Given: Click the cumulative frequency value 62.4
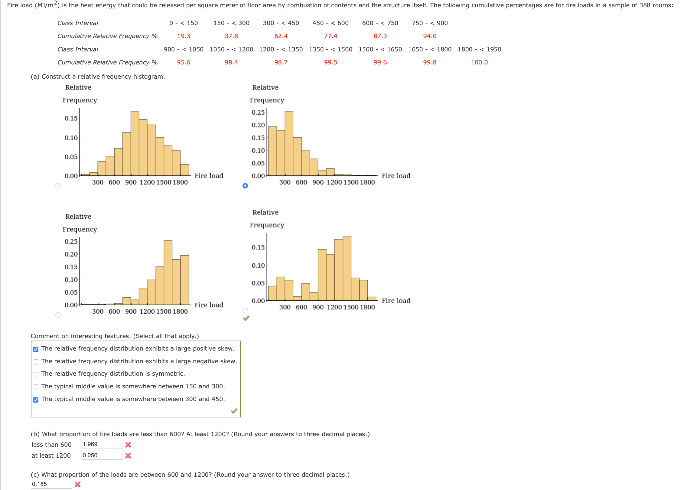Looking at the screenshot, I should [x=281, y=36].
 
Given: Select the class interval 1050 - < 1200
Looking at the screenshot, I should [x=231, y=49].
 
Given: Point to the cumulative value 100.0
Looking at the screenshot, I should [x=479, y=62].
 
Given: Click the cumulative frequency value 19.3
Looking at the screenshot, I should [x=184, y=36].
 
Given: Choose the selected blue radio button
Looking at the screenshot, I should [x=245, y=186].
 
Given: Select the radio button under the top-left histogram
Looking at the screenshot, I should [x=58, y=186].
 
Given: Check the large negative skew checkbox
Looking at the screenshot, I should [x=36, y=362].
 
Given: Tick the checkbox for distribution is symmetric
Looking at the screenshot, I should [x=36, y=374].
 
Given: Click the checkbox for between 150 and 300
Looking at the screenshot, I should [x=36, y=387].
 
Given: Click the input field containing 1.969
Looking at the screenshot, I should [x=102, y=444].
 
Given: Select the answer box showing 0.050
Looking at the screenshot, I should [x=102, y=455].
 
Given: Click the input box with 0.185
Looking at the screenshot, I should [x=51, y=484].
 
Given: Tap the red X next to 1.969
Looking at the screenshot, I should [x=128, y=445].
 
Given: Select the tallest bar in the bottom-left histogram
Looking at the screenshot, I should [x=168, y=272].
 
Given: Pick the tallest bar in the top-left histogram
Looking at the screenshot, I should [x=135, y=144].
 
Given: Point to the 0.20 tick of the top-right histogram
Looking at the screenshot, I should [x=258, y=125].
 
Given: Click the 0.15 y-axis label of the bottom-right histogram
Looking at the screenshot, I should [x=258, y=247].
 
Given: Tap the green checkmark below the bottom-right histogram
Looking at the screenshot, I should [x=246, y=318].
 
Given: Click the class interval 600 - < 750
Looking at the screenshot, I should [x=380, y=23].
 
